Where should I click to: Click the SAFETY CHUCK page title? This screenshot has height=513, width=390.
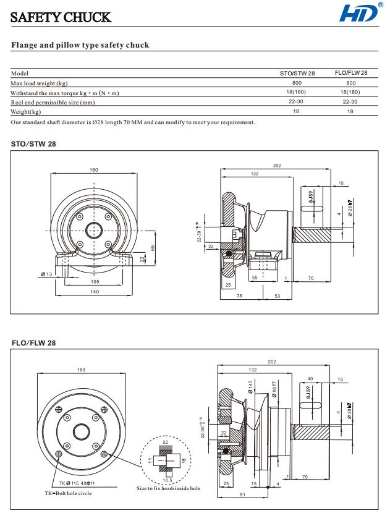point(61,17)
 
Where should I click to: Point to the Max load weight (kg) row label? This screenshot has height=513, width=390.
point(39,83)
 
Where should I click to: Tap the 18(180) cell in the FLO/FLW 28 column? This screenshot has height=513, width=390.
point(350,93)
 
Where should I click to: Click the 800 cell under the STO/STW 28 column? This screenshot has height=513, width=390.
point(297,83)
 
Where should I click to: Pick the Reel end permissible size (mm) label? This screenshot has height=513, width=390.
point(53,102)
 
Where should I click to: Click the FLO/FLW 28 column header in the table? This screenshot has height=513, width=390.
point(350,73)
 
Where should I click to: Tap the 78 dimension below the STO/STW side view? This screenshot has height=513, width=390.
point(239,297)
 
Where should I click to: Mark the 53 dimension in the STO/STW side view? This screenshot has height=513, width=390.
point(278,297)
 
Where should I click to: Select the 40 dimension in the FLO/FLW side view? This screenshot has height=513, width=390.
point(310,379)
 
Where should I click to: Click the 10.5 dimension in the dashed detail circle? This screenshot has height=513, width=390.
point(167,480)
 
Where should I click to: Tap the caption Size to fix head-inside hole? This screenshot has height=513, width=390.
point(168,489)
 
